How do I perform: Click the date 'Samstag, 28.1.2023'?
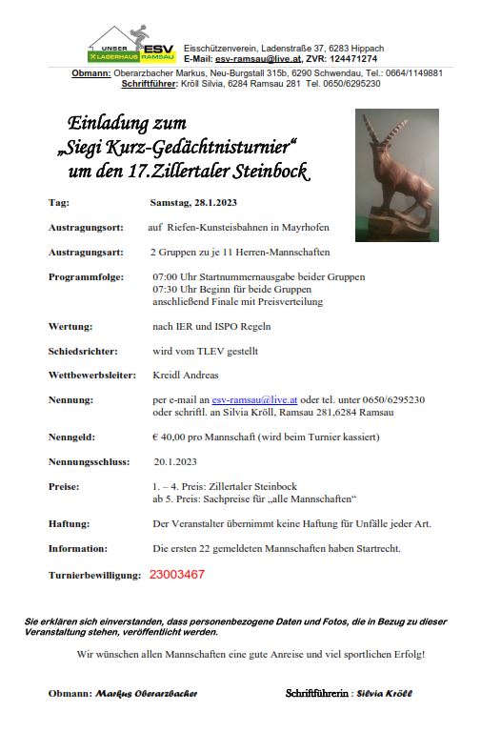194,203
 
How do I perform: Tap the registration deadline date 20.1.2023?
175,461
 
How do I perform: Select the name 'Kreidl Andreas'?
185,375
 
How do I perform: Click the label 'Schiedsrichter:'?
84,351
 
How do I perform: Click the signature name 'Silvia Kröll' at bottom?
384,693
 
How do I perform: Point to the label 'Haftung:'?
70,523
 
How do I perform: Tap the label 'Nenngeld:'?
74,437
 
